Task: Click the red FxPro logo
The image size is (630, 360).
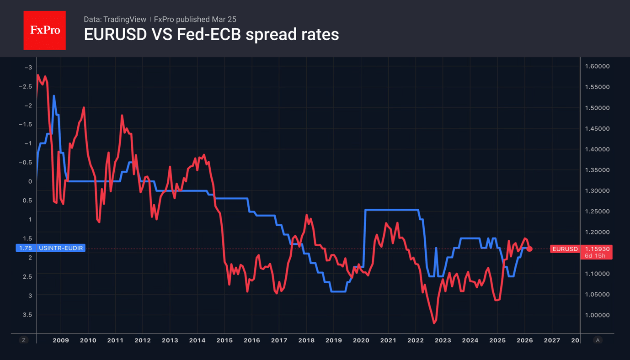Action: (x=44, y=30)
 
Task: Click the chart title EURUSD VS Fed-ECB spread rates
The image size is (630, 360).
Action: (x=211, y=34)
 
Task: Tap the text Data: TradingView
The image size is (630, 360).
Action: (x=115, y=19)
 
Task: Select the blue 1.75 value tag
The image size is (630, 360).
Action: (x=26, y=248)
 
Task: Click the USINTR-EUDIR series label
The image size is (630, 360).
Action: (x=61, y=248)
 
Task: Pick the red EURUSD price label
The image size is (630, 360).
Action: (x=565, y=249)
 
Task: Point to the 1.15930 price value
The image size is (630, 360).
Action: (x=597, y=249)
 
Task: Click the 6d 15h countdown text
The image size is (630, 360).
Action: (x=595, y=256)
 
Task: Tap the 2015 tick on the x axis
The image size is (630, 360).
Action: (x=224, y=340)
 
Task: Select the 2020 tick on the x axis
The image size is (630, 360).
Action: (x=361, y=340)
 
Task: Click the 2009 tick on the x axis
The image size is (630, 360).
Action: (x=61, y=340)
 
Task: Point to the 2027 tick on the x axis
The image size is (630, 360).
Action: (x=552, y=340)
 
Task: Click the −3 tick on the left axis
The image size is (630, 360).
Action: (x=28, y=68)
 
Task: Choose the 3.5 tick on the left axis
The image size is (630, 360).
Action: (x=28, y=315)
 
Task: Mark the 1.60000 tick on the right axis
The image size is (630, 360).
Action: (x=597, y=66)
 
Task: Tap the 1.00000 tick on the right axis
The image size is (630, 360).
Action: (x=597, y=315)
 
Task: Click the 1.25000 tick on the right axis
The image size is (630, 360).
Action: (x=597, y=212)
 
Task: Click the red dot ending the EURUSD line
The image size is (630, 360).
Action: (x=529, y=249)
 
